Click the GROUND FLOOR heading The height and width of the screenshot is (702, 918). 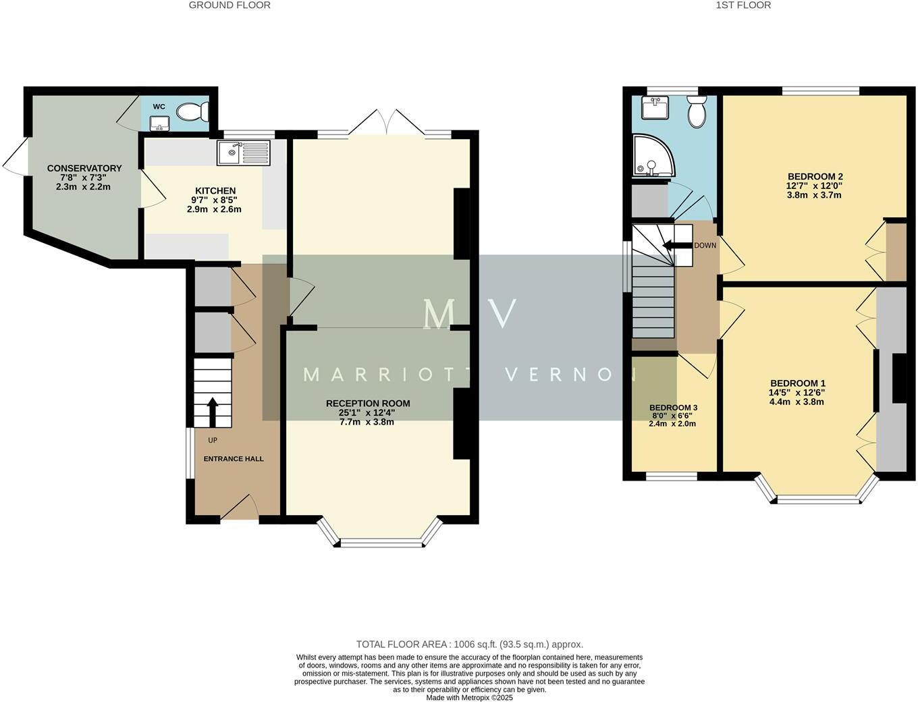(x=230, y=5)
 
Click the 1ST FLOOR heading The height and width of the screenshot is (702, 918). (x=743, y=5)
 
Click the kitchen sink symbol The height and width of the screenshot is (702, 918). (x=243, y=153)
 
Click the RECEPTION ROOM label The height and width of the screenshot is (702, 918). (x=368, y=403)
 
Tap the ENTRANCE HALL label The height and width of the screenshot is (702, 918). (x=234, y=459)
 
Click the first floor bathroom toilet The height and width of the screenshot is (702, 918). (x=696, y=111)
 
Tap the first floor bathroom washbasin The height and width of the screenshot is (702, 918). (x=654, y=107)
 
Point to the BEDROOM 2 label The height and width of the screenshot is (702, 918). (x=815, y=176)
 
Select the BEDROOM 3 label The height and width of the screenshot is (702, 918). (x=673, y=408)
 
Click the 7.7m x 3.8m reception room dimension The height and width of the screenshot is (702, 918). (x=368, y=422)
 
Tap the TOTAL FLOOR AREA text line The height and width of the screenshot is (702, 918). (x=469, y=644)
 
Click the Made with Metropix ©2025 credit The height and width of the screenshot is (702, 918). (x=469, y=697)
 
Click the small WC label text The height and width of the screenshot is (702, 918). (x=159, y=107)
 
